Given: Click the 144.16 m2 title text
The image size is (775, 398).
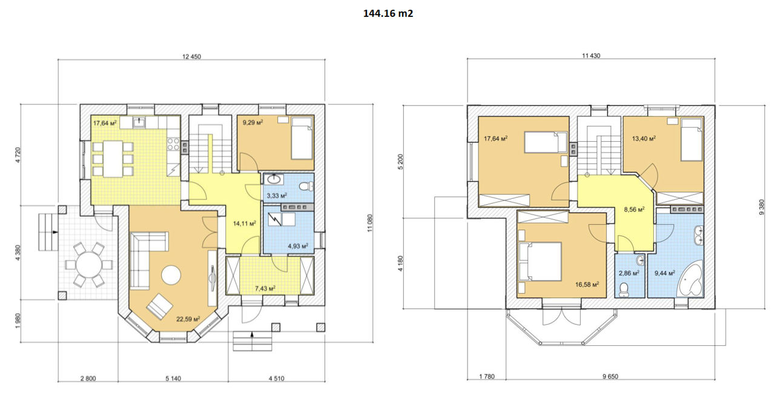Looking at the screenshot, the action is pos(388,13).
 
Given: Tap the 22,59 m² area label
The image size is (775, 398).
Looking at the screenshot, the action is pos(188,319).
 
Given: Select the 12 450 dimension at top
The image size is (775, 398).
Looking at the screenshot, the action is pos(191,56).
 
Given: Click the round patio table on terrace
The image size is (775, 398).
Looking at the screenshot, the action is pos(89,265).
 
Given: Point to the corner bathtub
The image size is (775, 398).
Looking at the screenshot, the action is pos(691,279).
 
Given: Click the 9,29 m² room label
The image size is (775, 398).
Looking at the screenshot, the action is pos(252,122).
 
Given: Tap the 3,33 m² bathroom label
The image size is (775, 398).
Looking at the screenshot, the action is pos(277,196).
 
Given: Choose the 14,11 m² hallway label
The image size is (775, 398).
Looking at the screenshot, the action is pos(244,223).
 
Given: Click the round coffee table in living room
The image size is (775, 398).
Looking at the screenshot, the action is pos(171,275).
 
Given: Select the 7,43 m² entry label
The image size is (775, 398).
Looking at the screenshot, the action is pos(265,288).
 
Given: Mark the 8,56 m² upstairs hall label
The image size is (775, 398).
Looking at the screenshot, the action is pos(634,210).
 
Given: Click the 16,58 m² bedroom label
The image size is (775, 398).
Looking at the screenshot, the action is pos(587,285).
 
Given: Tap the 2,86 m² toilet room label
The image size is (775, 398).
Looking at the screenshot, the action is pos(629,273).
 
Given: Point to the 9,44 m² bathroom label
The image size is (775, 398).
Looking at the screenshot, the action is pos(665,273).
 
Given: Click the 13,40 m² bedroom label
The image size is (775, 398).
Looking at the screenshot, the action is pos(644,139).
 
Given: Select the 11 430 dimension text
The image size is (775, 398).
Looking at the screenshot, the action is pos(591,56).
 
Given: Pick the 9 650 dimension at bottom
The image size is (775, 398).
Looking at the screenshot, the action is pos(610,377).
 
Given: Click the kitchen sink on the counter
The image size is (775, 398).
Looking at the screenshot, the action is pos(139,122).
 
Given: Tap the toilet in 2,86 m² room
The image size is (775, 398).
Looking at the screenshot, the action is pos(624,290).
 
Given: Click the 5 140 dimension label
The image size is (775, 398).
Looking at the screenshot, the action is pos(173,379).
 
